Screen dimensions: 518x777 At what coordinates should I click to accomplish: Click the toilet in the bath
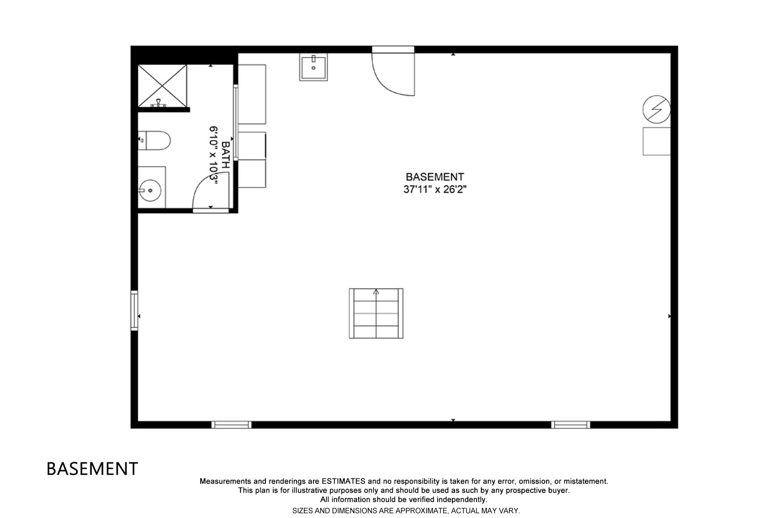[x=155, y=141]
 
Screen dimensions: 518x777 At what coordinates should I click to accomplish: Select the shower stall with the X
[x=162, y=85]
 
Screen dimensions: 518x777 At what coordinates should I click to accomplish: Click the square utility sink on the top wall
[x=313, y=67]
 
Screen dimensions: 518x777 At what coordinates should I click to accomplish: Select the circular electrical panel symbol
[x=656, y=109]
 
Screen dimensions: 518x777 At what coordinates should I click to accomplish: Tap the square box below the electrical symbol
[x=656, y=141]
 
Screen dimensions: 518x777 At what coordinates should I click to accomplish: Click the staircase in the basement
[x=376, y=313]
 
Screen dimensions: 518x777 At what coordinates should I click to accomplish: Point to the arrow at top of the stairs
[x=376, y=292]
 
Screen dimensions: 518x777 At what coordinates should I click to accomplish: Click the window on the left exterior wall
[x=134, y=311]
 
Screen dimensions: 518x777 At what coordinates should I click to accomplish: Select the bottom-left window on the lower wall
[x=231, y=425]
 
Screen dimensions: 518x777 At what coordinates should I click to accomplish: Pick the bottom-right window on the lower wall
[x=571, y=425]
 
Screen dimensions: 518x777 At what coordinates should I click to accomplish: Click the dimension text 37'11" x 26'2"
[x=435, y=190]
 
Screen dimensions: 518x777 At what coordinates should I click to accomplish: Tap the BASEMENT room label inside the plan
[x=435, y=177]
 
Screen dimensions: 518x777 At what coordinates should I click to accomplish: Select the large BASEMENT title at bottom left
[x=92, y=469]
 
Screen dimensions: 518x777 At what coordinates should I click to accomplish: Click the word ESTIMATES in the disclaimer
[x=343, y=481]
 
